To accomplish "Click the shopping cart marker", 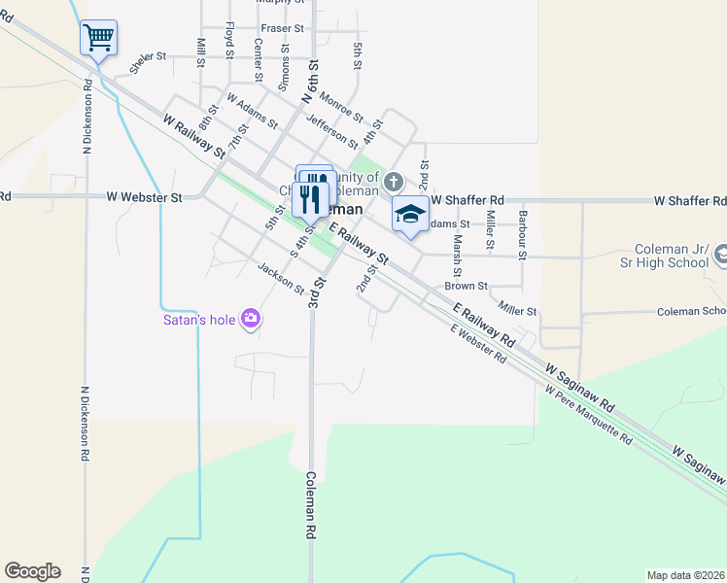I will (98, 39).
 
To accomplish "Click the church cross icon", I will (393, 182).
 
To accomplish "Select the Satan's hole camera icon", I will (252, 319).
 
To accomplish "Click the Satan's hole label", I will (198, 320).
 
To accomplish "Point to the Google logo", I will (32, 571).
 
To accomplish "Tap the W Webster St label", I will (145, 197).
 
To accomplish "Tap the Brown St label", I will (467, 286).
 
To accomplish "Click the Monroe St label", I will (341, 107).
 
